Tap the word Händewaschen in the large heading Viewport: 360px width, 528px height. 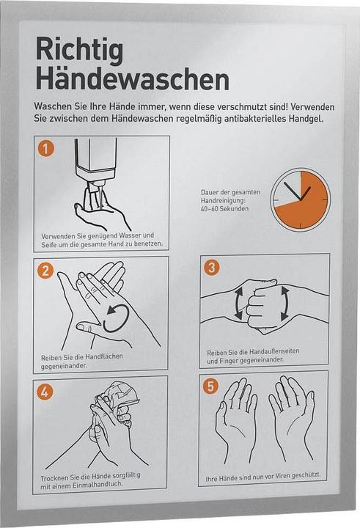pos(133,79)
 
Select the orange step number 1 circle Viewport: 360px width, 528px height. pos(45,148)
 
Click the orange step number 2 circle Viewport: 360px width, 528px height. pos(45,270)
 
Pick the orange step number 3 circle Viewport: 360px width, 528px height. pos(211,268)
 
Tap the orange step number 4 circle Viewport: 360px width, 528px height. pos(45,392)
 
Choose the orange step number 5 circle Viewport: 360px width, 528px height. pos(210,386)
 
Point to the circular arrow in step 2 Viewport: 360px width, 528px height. pos(116,318)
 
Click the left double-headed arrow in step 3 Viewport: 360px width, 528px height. pos(239,303)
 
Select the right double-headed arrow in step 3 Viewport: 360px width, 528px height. pos(284,304)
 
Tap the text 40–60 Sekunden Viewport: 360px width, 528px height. pos(224,209)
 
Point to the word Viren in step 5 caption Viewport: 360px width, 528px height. pos(282,476)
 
